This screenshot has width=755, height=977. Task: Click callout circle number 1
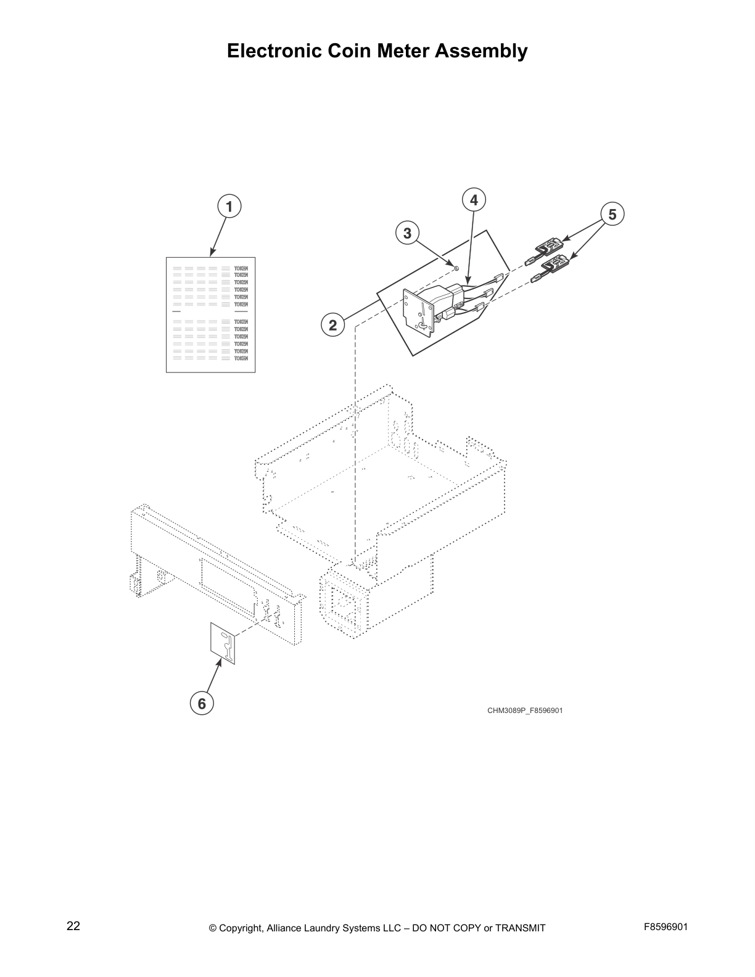coord(229,207)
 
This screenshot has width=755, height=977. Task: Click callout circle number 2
coord(332,325)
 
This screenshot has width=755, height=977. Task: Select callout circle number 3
coord(407,233)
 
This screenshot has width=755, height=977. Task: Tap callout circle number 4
coord(474,200)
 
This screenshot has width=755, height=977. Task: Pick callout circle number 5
coord(612,214)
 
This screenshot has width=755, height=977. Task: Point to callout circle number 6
coord(202,703)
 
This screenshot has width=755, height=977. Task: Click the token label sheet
coord(210,314)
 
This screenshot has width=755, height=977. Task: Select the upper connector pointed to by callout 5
coord(548,249)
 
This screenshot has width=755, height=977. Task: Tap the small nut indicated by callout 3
coord(455,268)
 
